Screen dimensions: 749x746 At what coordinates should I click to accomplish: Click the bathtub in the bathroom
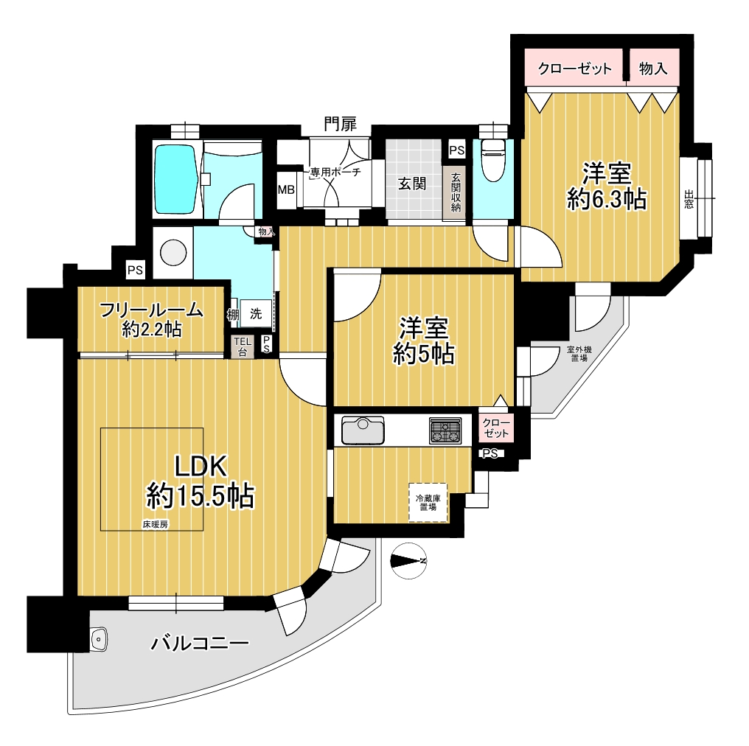[175, 180]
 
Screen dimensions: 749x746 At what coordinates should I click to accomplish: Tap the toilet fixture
[493, 160]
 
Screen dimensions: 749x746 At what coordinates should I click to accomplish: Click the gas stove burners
[445, 430]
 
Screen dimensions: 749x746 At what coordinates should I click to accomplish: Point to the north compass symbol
[408, 561]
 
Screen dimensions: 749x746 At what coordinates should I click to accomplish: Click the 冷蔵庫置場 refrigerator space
[428, 503]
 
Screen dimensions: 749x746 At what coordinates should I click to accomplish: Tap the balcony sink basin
[99, 638]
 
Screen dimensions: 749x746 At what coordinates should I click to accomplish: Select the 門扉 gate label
[340, 125]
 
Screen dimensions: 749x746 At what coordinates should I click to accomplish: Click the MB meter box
[286, 189]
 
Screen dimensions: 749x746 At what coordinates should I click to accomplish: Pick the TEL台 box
[243, 346]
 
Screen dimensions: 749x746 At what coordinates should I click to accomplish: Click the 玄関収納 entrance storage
[456, 192]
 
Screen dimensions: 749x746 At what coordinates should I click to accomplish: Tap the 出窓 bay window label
[689, 199]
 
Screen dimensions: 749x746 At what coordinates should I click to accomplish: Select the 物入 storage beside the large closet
[653, 69]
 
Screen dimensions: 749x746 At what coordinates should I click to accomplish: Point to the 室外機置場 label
[579, 354]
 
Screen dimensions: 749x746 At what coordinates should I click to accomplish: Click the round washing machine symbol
[173, 252]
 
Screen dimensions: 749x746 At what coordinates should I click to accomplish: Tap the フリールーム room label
[151, 310]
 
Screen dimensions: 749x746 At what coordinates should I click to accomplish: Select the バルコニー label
[200, 644]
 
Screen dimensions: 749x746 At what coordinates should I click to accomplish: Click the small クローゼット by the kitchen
[496, 428]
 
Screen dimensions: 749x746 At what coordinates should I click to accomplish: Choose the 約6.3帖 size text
[607, 199]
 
